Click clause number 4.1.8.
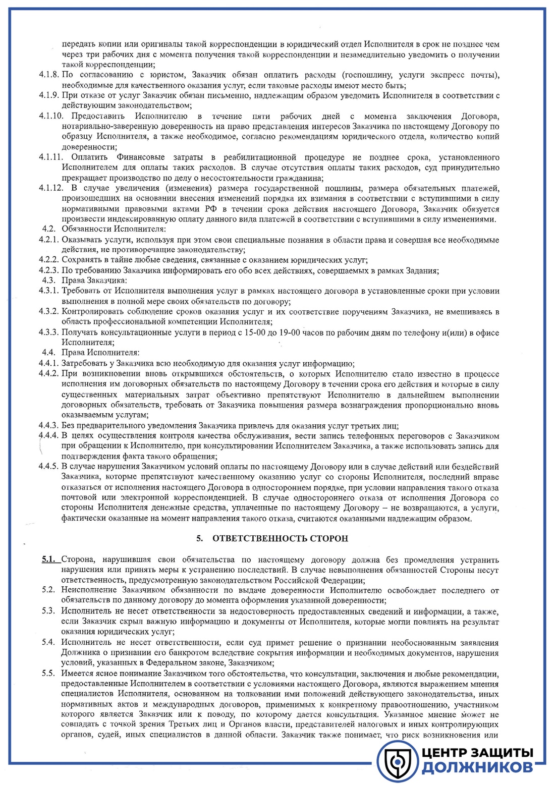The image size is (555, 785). click(49, 75)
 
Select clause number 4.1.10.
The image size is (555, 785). click(51, 116)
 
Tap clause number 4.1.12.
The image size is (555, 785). click(51, 188)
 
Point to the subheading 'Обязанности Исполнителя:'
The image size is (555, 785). click(114, 229)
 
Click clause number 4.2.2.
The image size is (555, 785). click(49, 260)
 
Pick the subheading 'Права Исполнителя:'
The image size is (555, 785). click(100, 353)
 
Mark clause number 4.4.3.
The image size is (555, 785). click(49, 425)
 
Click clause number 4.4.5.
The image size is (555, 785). click(49, 467)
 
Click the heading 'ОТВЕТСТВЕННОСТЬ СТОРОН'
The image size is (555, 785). click(280, 539)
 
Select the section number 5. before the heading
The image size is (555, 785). click(200, 539)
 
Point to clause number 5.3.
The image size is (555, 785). click(48, 611)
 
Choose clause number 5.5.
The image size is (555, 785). click(48, 674)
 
